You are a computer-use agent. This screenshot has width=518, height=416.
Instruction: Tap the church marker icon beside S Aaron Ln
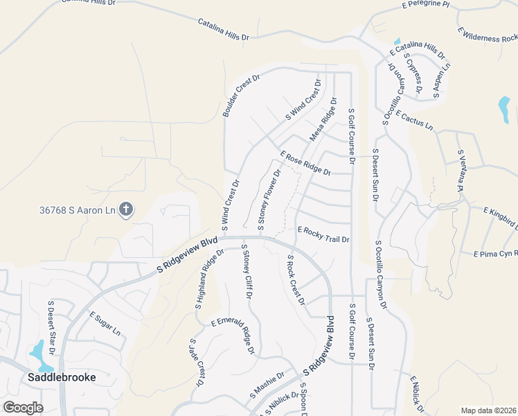125,209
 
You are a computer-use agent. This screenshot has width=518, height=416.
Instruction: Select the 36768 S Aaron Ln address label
78,209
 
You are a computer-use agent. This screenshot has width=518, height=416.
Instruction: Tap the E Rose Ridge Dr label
305,163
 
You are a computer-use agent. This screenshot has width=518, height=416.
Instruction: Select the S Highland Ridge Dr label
209,279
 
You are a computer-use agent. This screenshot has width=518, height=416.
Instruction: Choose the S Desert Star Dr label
51,322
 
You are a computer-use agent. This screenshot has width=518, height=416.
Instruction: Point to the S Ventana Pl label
458,171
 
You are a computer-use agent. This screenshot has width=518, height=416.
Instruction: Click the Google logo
23,408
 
